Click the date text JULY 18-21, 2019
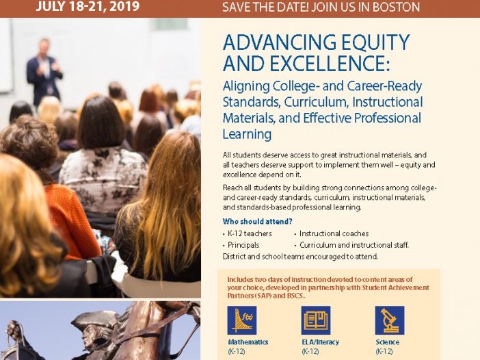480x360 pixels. coord(88,6)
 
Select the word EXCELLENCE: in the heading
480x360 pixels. coord(330,64)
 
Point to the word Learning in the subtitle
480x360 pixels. coord(247,134)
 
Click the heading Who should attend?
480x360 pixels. coord(258,221)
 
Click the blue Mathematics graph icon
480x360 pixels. coord(242,320)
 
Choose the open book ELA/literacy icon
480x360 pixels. coord(316,320)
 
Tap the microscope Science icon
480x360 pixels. coord(390,320)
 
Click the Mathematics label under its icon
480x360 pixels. coord(248,342)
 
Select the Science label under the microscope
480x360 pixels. coord(388,342)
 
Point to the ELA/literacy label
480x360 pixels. coord(321,342)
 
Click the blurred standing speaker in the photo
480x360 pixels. coord(44,72)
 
